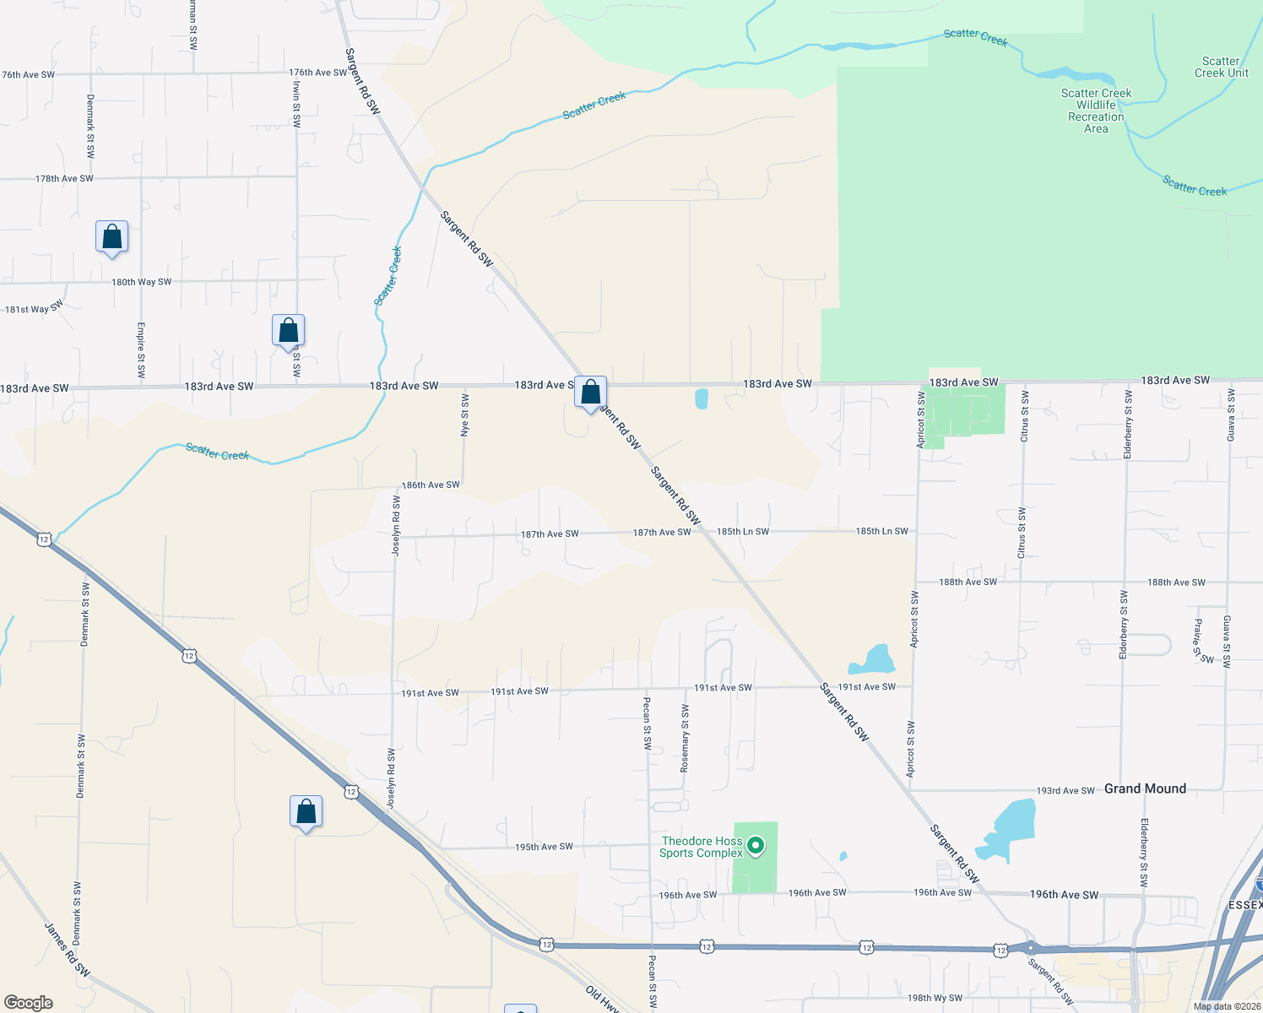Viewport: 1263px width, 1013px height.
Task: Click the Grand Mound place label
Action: [1145, 788]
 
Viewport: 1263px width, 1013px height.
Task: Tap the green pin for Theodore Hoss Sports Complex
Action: [756, 845]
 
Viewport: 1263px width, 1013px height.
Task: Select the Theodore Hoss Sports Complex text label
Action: [702, 847]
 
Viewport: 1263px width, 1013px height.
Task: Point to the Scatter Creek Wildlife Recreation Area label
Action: [1096, 111]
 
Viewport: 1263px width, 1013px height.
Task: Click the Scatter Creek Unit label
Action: [1221, 67]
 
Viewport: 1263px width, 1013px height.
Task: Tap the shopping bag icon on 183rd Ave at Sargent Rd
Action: [590, 392]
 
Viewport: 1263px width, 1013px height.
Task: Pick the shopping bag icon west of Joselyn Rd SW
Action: [306, 812]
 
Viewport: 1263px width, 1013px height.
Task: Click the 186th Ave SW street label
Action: [431, 485]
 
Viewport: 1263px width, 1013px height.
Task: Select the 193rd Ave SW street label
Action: [1065, 791]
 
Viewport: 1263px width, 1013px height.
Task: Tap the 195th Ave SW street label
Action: [544, 847]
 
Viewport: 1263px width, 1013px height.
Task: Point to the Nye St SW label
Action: [465, 414]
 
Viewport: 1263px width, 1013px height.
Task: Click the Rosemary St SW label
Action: [685, 739]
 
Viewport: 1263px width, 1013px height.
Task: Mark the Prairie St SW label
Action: [1202, 642]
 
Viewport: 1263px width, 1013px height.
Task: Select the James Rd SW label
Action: [68, 950]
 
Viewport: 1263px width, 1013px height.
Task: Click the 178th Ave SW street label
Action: [64, 179]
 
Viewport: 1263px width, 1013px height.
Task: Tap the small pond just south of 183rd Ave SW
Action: [702, 398]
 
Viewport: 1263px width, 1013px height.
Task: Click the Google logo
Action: [28, 1003]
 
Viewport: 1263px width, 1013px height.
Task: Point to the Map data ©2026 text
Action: [1225, 1006]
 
